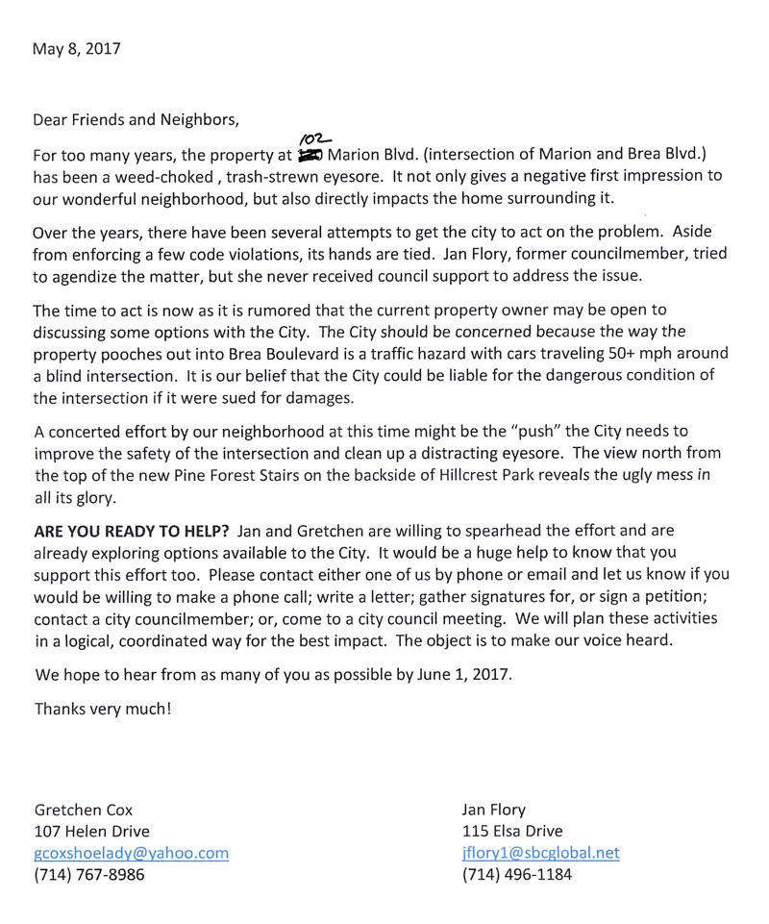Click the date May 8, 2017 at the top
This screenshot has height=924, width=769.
pyautogui.click(x=77, y=48)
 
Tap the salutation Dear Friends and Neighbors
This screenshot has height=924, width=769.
pyautogui.click(x=135, y=121)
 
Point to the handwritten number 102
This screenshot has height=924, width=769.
pyautogui.click(x=311, y=140)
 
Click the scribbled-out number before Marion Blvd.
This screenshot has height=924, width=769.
pyautogui.click(x=310, y=155)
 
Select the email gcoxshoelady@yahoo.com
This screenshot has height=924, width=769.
pyautogui.click(x=131, y=853)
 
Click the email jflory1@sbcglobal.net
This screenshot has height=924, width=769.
pyautogui.click(x=540, y=853)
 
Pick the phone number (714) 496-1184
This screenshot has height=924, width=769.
pyautogui.click(x=518, y=875)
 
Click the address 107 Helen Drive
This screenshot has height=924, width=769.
pyautogui.click(x=92, y=831)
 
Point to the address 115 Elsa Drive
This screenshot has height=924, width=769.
pyautogui.click(x=512, y=831)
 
